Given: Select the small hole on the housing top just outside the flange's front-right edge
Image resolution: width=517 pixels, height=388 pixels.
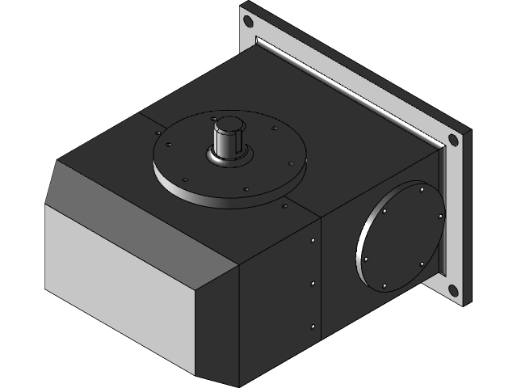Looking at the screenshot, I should tap(284, 207).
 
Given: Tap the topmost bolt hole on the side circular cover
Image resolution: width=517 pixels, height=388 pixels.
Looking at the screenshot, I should tap(421, 190).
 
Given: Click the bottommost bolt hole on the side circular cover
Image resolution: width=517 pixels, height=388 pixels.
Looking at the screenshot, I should tap(385, 285).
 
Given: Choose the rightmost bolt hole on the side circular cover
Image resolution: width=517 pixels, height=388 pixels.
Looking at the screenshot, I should tap(438, 217).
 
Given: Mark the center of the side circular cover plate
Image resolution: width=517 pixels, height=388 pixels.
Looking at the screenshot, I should tap(400, 236).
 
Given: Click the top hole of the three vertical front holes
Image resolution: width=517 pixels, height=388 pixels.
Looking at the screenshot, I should tap(313, 241).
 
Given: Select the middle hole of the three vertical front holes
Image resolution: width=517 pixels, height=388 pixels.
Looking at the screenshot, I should tap(313, 283).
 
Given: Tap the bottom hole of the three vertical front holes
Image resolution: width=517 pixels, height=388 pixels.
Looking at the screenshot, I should tap(313, 326).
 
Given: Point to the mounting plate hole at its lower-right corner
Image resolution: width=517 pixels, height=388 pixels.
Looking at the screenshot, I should tap(453, 289).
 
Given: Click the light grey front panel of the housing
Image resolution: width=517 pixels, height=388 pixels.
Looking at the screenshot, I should tap(121, 283).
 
